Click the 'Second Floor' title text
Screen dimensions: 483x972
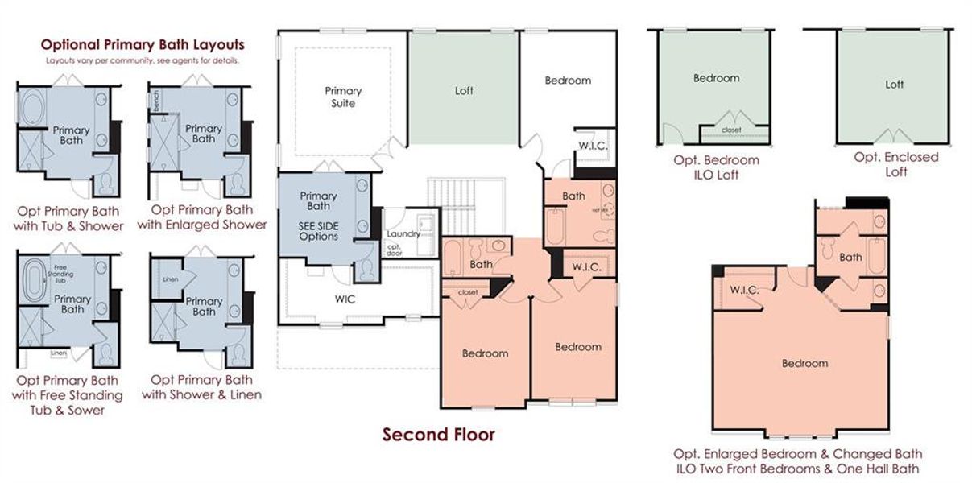coord(438,436)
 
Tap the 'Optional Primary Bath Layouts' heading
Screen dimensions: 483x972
coord(143,45)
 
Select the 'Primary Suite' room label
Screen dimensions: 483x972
coord(343,97)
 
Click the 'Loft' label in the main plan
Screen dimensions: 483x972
coord(464,90)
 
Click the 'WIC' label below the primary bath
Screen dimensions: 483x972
coord(345,299)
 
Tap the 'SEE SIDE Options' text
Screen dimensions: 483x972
coord(318,232)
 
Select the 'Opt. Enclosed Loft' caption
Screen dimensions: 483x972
coord(895,164)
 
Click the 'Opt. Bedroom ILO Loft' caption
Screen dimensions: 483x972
coord(716,167)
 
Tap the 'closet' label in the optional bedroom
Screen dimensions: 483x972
coord(731,130)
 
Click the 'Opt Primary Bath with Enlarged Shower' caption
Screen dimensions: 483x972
coord(201,217)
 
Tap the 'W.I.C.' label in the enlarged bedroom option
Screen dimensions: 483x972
coord(742,289)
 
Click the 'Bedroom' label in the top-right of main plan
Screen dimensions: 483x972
coord(567,80)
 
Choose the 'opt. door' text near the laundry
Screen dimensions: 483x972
coord(395,250)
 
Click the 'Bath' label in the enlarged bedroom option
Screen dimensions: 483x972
coord(850,257)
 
